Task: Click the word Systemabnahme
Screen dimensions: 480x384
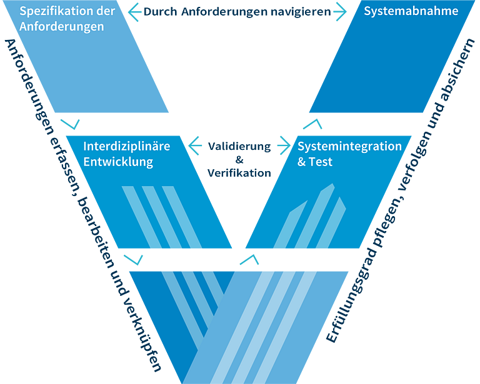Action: (411, 11)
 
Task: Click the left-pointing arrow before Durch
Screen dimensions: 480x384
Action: (135, 12)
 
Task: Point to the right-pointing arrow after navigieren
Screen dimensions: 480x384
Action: (340, 12)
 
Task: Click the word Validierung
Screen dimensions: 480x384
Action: (239, 147)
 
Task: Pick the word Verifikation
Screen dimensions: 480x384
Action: (239, 173)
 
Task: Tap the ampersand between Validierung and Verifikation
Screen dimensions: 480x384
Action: (239, 160)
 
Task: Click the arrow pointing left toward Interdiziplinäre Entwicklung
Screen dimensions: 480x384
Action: (195, 145)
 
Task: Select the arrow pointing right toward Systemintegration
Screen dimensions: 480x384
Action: (284, 145)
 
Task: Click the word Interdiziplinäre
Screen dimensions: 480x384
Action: (127, 147)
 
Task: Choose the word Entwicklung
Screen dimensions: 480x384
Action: (118, 162)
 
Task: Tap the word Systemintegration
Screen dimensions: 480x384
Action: (349, 147)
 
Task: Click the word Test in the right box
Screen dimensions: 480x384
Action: (321, 162)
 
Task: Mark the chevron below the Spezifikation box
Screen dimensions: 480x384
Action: (70, 124)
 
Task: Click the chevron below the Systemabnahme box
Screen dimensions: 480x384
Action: (312, 124)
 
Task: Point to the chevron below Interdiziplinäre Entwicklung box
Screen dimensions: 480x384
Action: (133, 259)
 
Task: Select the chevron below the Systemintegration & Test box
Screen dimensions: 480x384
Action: (249, 259)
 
